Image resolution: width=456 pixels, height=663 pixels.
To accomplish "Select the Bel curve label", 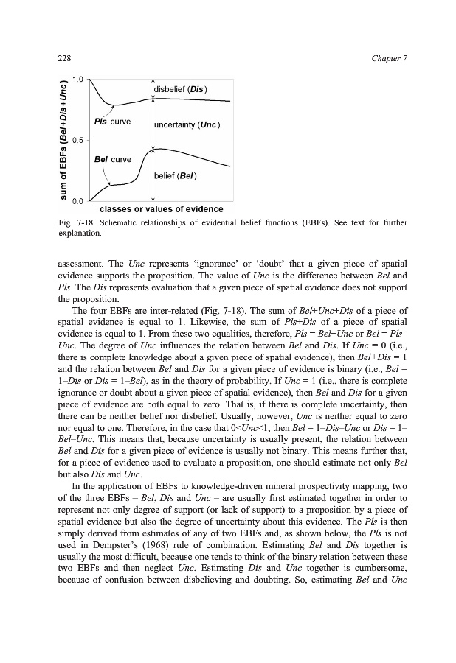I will (112, 159).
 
